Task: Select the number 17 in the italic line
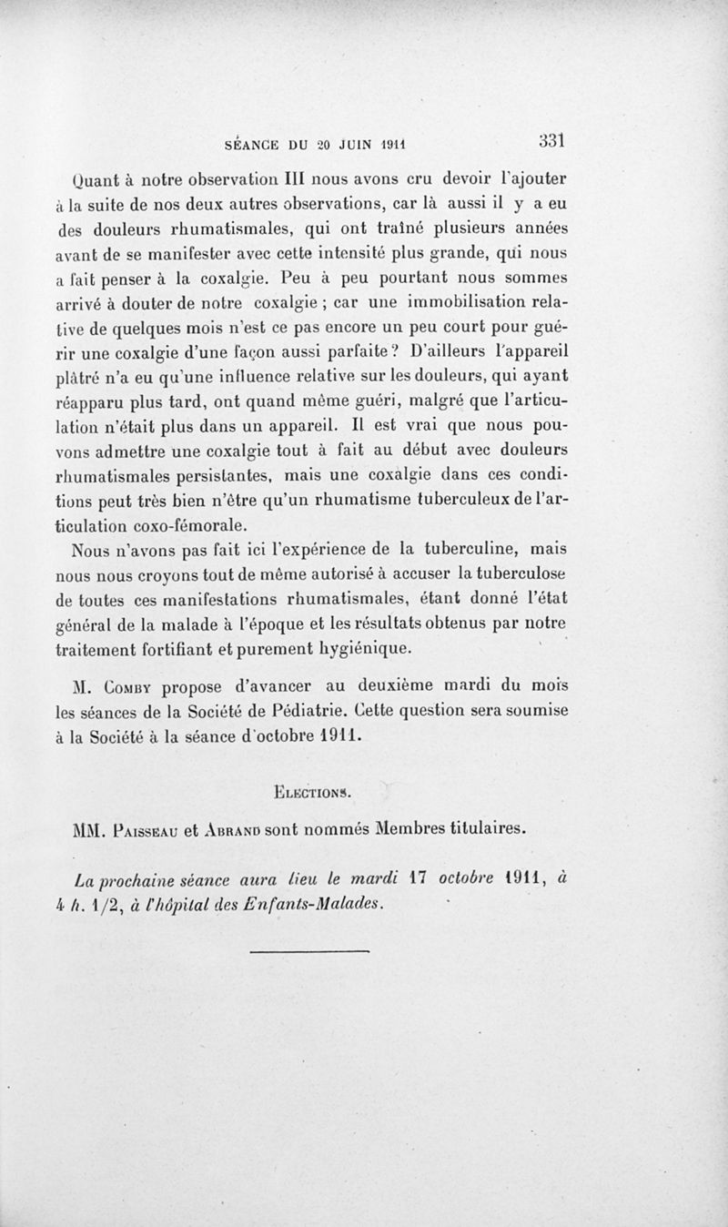[420, 878]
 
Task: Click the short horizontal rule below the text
[309, 952]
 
